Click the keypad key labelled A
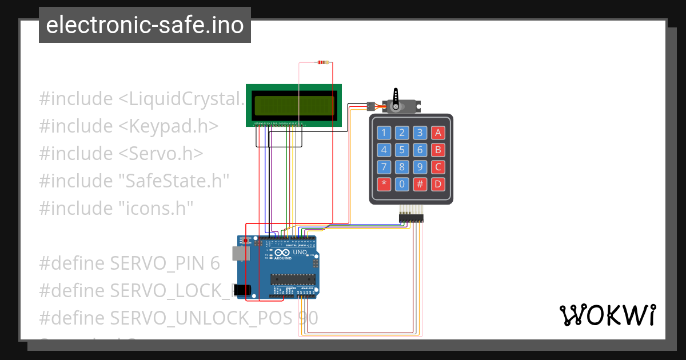coord(438,133)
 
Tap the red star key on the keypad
coord(384,184)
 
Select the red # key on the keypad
coord(420,184)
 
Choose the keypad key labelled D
coord(438,184)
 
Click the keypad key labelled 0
coord(402,184)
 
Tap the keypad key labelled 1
coord(384,133)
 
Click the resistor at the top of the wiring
coord(324,62)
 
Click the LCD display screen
coord(294,106)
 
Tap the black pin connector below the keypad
coord(410,217)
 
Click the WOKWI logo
coord(607,315)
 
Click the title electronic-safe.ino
coord(145,25)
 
